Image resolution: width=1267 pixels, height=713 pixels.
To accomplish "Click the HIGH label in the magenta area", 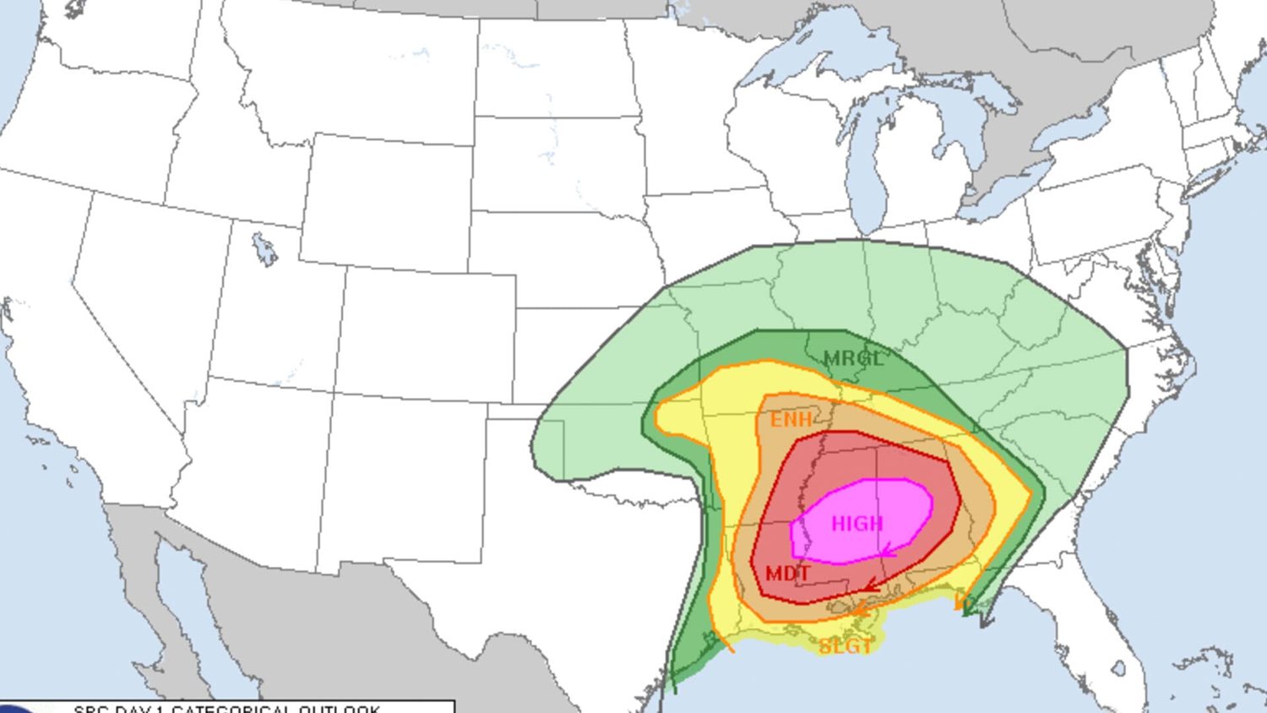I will (856, 524).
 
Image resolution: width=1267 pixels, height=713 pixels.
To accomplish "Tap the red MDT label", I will (787, 574).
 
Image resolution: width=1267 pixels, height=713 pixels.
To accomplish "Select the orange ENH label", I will (791, 420).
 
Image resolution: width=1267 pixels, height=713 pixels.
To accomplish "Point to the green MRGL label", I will (852, 358).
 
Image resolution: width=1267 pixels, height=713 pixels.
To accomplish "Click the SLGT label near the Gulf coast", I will (845, 647).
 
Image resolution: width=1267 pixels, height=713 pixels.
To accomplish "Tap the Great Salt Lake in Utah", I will (264, 249).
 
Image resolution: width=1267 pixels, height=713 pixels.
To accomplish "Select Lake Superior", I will (811, 72).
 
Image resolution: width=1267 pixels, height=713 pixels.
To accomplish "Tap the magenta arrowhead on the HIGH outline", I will (887, 553).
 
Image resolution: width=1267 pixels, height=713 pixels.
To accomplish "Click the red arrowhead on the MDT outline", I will (870, 585).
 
